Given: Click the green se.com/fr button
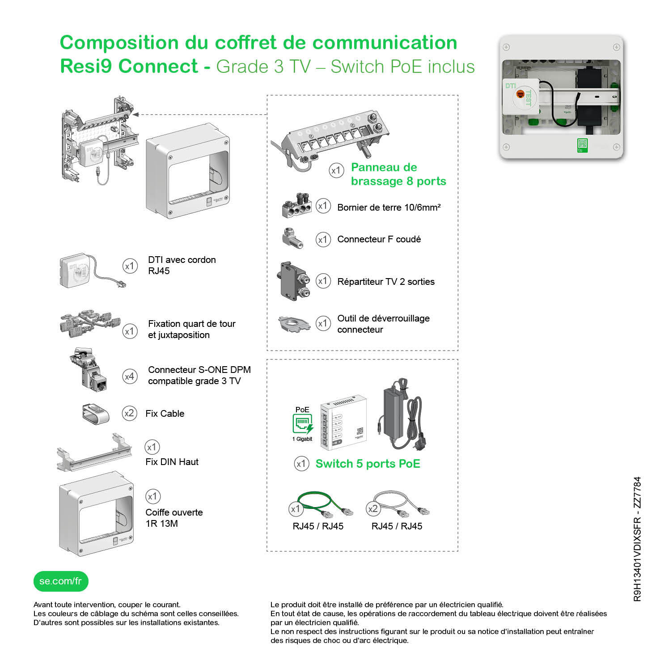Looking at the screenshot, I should [61, 581].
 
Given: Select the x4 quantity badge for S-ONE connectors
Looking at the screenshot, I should [130, 377].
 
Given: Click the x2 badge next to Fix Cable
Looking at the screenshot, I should [129, 413].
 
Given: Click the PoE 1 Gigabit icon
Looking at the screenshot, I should [303, 424].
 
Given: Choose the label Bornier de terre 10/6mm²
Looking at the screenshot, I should [389, 207].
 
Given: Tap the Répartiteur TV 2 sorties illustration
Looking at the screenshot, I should [294, 281].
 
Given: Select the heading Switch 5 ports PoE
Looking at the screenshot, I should [368, 464].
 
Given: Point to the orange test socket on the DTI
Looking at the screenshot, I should [520, 94].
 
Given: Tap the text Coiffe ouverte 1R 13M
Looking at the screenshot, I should [174, 518].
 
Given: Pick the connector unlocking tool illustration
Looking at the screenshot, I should [294, 324].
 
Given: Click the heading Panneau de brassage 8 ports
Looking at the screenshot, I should [398, 174].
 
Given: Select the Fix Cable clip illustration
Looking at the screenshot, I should [96, 414].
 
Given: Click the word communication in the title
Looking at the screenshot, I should [385, 43].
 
